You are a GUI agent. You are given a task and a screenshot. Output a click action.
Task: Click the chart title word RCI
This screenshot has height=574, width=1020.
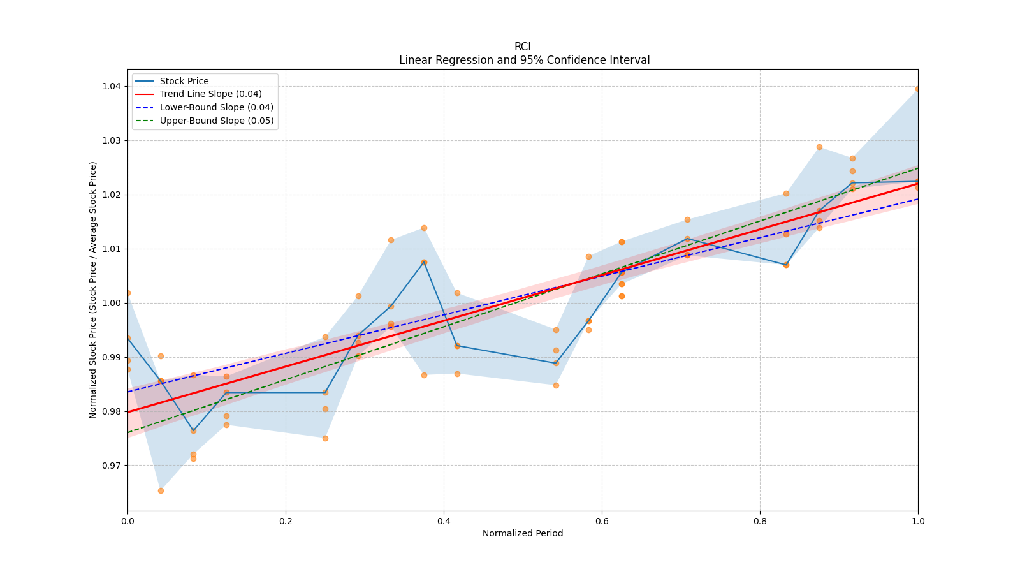pos(522,47)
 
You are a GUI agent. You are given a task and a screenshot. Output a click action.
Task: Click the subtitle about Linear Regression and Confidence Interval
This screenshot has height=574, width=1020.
pos(524,60)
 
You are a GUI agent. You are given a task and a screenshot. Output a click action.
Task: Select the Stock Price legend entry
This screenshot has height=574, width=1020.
pos(184,81)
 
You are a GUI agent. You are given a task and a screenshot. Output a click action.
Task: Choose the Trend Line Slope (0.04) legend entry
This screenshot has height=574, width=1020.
pos(210,94)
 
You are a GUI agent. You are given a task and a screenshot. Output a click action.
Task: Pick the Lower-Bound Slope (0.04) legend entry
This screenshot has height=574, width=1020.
pos(216,107)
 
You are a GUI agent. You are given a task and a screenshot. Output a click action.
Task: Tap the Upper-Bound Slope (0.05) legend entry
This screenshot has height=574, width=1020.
pos(217,121)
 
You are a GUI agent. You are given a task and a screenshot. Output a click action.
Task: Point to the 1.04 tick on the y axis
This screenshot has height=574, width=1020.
pos(112,86)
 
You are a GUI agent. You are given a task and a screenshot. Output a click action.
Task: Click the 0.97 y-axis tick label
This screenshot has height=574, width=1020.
pos(112,466)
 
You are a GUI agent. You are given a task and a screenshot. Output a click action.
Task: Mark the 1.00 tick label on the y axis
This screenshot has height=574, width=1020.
pos(112,303)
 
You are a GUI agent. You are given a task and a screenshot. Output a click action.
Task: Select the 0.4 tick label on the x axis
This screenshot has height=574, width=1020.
pos(444,521)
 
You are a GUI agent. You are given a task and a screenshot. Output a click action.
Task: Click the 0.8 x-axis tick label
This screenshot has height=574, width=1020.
pos(760,521)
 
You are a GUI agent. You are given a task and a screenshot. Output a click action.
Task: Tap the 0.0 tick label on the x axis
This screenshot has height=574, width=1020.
pos(127,521)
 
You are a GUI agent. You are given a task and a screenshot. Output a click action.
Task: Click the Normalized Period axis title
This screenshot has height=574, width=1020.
pos(523,533)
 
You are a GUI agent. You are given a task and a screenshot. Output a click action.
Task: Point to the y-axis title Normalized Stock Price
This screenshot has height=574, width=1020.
pos(93,290)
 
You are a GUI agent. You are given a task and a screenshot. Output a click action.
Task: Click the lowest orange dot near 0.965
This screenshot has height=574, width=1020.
pos(161,490)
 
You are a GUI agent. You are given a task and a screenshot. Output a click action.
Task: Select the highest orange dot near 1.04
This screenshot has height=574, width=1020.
pos(917,89)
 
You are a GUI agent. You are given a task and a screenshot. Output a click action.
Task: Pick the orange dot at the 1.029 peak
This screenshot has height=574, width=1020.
pos(819,147)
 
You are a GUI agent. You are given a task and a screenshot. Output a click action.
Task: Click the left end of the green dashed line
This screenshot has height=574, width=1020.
pos(128,432)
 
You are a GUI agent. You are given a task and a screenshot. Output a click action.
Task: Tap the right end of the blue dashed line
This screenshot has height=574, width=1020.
pos(917,199)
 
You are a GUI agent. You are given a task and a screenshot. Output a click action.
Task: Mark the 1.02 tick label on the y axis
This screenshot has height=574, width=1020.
pos(112,195)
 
